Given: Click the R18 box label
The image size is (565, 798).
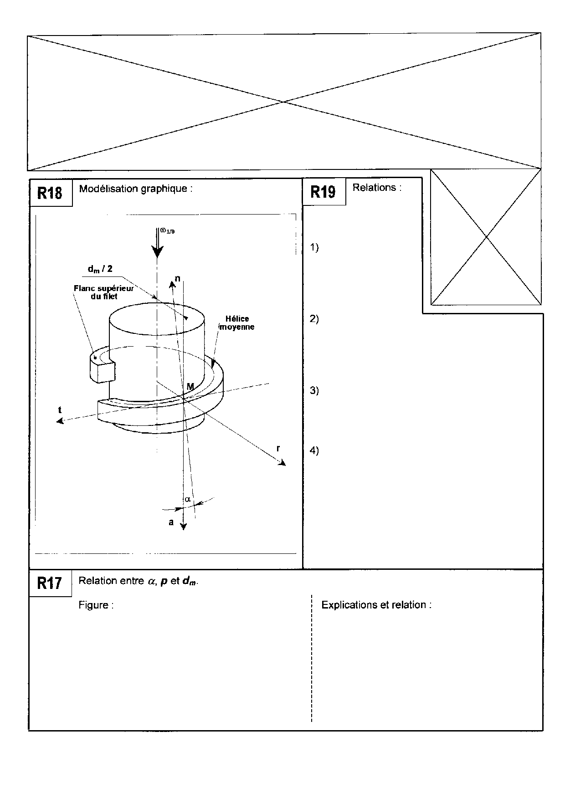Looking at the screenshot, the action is (50, 193).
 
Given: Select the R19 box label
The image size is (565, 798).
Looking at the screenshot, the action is (323, 192).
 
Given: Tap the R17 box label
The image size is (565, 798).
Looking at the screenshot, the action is (49, 583).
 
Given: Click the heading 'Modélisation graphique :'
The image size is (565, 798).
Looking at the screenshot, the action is (136, 189).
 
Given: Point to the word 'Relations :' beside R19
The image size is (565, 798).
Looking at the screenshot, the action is (377, 188).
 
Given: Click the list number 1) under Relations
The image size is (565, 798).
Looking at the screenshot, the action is (314, 247).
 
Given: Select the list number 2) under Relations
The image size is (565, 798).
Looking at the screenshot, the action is (314, 319).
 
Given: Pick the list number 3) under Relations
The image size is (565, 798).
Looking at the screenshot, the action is (314, 390).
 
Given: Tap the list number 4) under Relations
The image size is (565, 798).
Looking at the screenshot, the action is (314, 450).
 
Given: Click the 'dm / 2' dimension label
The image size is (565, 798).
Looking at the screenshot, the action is (100, 269).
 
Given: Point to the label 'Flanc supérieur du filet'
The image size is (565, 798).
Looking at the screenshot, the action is (104, 292).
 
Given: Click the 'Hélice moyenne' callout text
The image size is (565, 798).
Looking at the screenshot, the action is (237, 323).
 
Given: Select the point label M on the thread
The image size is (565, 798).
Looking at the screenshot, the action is (190, 387).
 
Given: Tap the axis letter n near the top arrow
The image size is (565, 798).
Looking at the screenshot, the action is (177, 278).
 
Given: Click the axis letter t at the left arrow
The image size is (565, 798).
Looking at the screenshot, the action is (60, 410).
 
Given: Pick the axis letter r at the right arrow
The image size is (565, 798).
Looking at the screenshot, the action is (278, 448).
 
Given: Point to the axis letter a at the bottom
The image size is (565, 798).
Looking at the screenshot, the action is (171, 522).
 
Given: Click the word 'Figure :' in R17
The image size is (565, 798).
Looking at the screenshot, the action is (96, 605).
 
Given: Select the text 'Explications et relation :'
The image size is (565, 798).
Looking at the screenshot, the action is (376, 605).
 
